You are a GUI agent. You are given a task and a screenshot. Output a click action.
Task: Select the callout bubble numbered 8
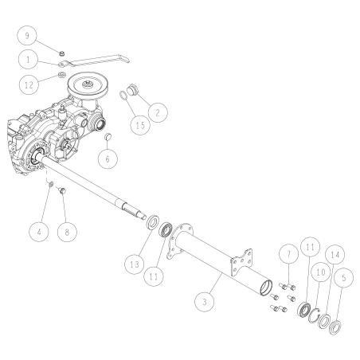pyautogui.click(x=67, y=232)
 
